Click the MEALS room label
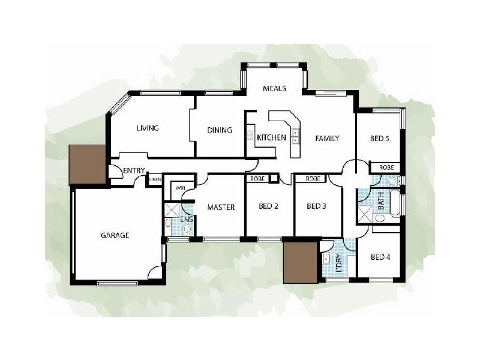pyautogui.click(x=275, y=88)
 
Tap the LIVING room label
pyautogui.click(x=147, y=128)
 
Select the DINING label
pyautogui.click(x=219, y=130)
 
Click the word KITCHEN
pyautogui.click(x=271, y=138)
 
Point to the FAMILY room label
pyautogui.click(x=328, y=138)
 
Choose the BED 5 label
pyautogui.click(x=379, y=138)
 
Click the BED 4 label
pyautogui.click(x=380, y=257)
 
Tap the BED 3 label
pyautogui.click(x=316, y=207)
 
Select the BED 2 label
pyautogui.click(x=268, y=207)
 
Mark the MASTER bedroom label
pyautogui.click(x=220, y=208)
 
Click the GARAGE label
pyautogui.click(x=115, y=236)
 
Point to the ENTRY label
pyautogui.click(x=133, y=171)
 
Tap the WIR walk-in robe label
pyautogui.click(x=179, y=188)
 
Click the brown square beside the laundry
pyautogui.click(x=299, y=262)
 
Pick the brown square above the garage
pyautogui.click(x=88, y=165)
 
